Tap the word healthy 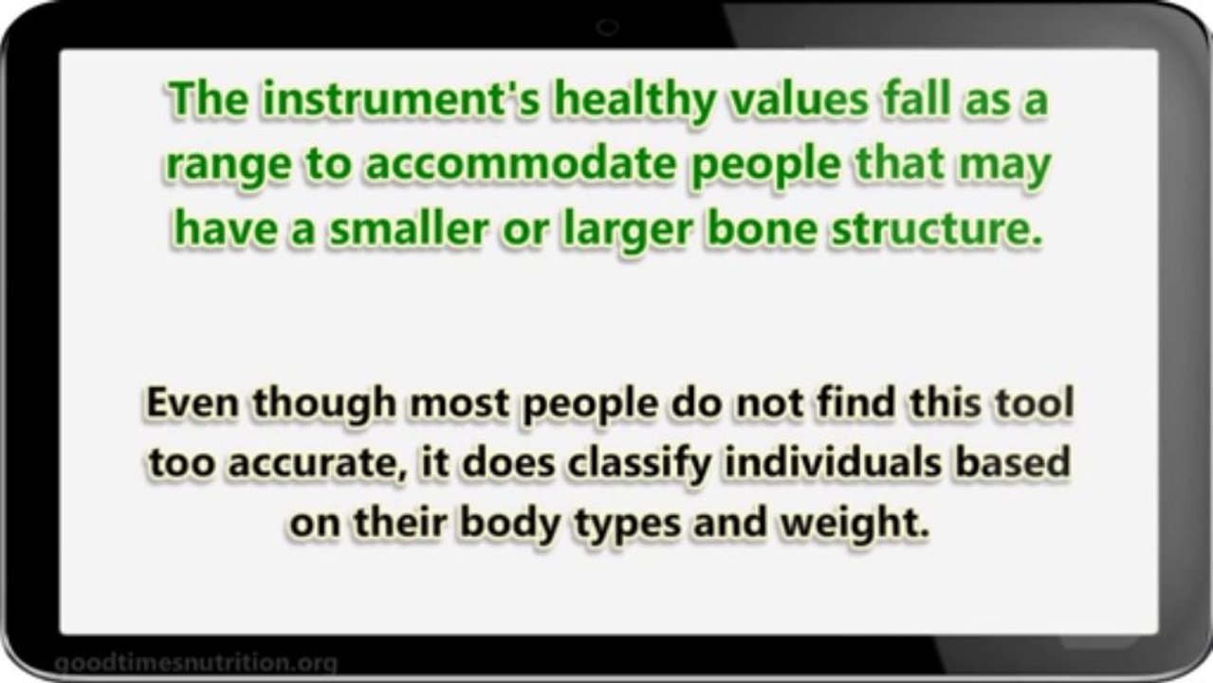pos(634,102)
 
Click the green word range pos(228,168)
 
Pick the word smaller pos(410,228)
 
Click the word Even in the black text pos(192,402)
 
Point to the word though pos(324,406)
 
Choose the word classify pos(639,465)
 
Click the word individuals pos(832,462)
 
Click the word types pos(627,526)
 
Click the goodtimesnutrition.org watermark pos(196,663)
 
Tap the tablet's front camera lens pos(607,27)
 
